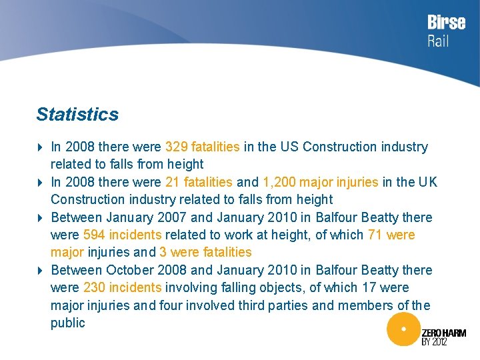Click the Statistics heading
click(x=77, y=114)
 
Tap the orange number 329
click(x=176, y=147)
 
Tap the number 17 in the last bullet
click(x=371, y=287)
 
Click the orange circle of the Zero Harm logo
click(x=402, y=329)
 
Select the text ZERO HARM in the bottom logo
click(x=444, y=333)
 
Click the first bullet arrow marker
click(x=40, y=147)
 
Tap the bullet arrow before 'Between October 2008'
click(x=40, y=270)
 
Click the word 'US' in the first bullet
click(x=289, y=147)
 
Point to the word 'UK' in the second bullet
click(x=427, y=182)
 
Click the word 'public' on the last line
click(x=68, y=323)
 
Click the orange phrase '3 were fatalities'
click(x=205, y=252)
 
